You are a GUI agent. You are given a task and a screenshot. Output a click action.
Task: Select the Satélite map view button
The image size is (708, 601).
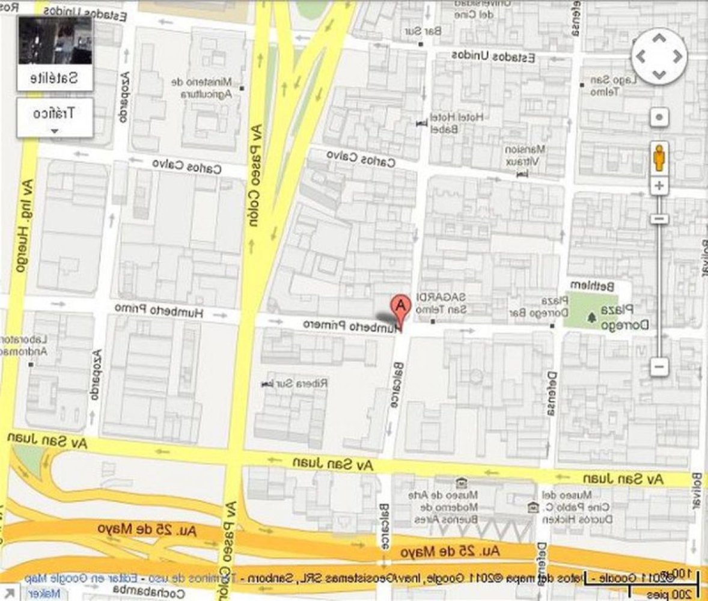pos(55,53)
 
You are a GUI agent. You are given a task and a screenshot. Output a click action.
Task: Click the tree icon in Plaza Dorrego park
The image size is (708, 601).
pos(592,316)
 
